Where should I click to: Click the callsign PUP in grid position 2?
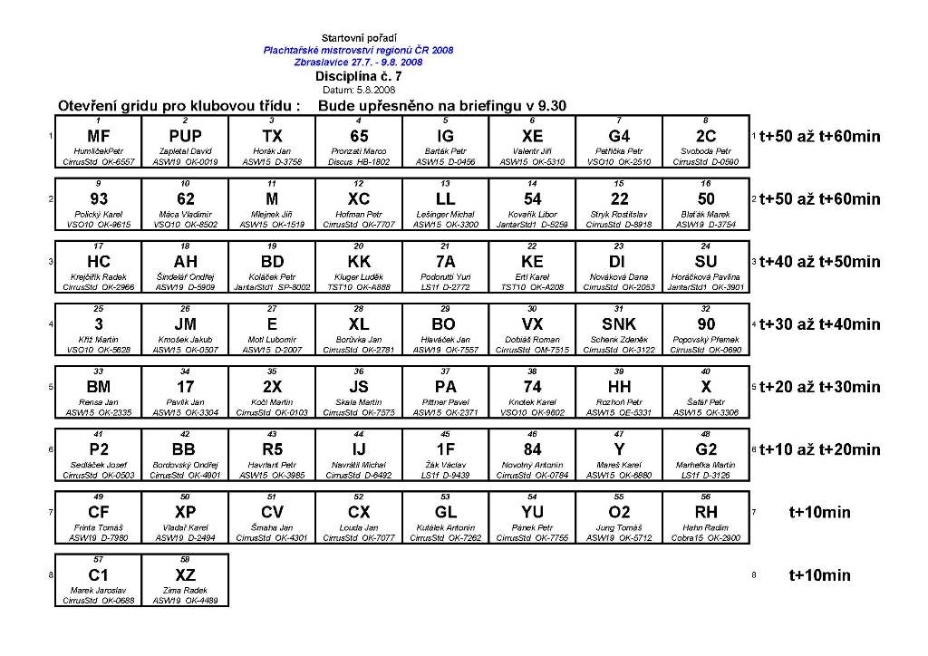[x=185, y=137]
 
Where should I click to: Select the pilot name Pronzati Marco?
[x=359, y=151]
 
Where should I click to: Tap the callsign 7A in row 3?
[x=445, y=262]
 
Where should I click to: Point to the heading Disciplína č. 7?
[x=358, y=78]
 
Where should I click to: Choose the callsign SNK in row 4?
[x=619, y=324]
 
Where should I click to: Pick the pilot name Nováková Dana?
[x=619, y=276]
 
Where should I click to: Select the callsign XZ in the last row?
[x=185, y=575]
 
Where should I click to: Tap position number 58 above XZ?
[x=185, y=560]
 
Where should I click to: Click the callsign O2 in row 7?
[x=619, y=512]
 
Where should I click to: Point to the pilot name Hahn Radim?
[x=706, y=527]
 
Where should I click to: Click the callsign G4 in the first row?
[x=619, y=137]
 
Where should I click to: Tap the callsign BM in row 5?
[x=98, y=387]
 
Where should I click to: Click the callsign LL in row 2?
[x=445, y=199]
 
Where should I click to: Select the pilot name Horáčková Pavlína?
[x=706, y=276]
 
